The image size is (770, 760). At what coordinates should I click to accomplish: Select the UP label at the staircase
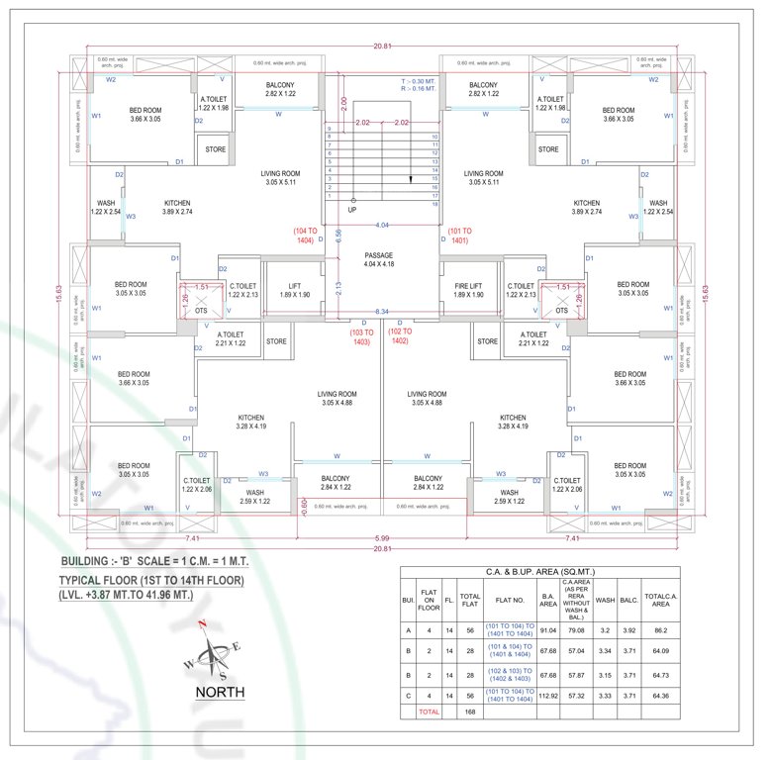click(351, 211)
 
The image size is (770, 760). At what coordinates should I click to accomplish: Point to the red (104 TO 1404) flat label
click(303, 236)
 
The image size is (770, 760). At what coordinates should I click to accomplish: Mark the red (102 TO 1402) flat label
click(400, 336)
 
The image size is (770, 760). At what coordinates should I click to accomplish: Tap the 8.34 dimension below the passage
click(381, 313)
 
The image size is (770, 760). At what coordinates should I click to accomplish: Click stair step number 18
click(434, 204)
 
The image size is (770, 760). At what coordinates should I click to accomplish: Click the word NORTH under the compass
click(221, 692)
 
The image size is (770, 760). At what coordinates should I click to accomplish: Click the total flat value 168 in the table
click(471, 712)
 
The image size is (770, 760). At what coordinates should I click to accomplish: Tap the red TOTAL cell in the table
click(429, 712)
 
